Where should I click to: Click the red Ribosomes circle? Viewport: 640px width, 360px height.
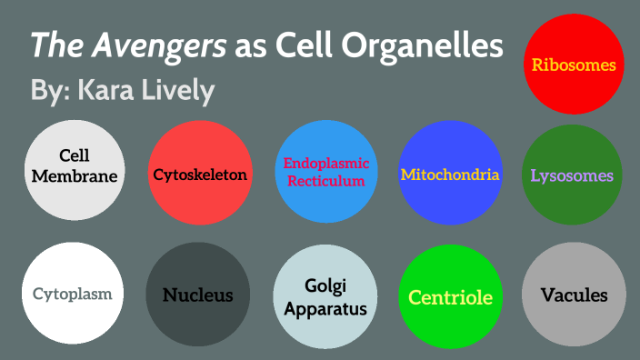[x=574, y=65]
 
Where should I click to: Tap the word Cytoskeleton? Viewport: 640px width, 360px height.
[x=200, y=174]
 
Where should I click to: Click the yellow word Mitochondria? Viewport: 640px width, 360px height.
[x=450, y=174]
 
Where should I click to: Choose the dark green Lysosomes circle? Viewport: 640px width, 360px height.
[x=572, y=175]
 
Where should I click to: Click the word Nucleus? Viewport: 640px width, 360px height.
[x=197, y=295]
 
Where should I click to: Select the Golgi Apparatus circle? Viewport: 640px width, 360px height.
[x=325, y=296]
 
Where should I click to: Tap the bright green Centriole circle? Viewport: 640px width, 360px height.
[x=450, y=296]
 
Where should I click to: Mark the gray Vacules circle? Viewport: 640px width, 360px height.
[x=574, y=295]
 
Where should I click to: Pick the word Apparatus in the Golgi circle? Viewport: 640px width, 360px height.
[x=325, y=308]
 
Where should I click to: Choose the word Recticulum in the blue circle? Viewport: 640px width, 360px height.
[x=325, y=180]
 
